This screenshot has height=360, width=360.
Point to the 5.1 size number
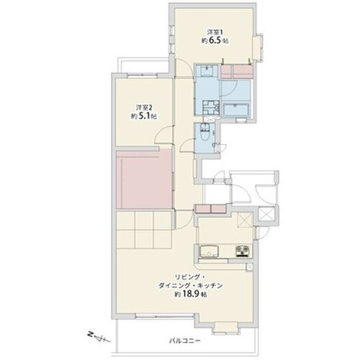point(144,117)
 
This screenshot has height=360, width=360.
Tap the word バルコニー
point(184,341)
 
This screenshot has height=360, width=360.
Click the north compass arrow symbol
point(99,337)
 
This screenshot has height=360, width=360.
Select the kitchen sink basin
point(210,251)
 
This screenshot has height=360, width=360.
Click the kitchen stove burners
point(243,251)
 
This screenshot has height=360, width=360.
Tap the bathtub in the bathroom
point(236,110)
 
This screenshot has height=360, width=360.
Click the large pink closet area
point(144,179)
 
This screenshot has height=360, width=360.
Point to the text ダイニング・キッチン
point(191,286)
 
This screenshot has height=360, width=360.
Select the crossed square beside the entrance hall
point(266,215)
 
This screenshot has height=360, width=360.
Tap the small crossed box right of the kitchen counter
point(250,267)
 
